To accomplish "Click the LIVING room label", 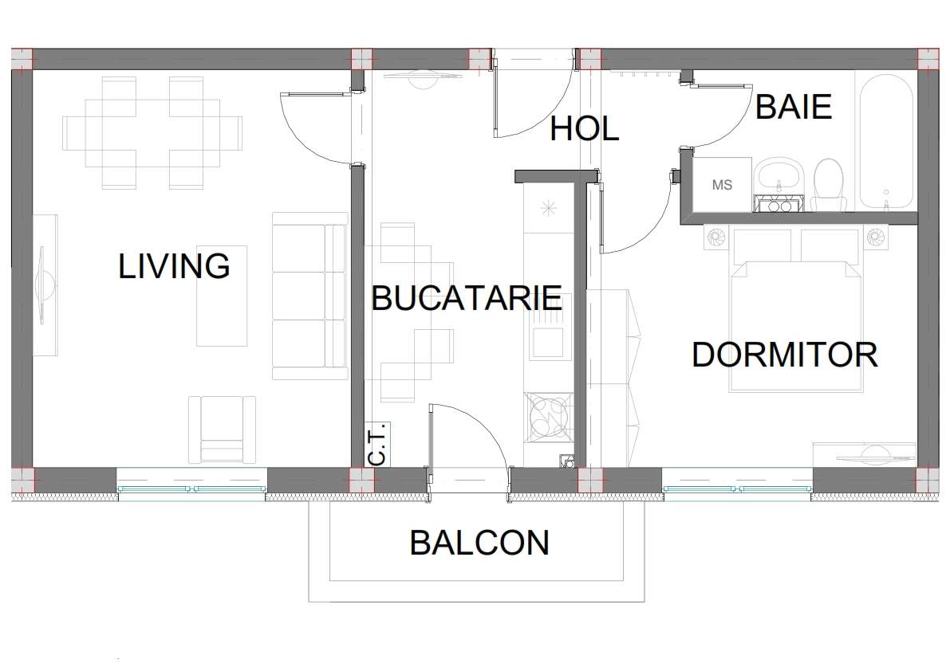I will coord(174,266).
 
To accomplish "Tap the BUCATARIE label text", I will coord(467,298).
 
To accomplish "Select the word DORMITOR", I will coord(784,355).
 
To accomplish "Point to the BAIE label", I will coord(793,107).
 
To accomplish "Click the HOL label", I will coord(584,128).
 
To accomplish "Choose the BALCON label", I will coord(479,543).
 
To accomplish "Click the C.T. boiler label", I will coord(376,445).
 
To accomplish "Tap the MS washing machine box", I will coord(723,185).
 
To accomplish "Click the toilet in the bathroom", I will coord(828,184).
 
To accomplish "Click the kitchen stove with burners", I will coord(549,415).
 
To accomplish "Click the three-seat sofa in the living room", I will coord(309,295).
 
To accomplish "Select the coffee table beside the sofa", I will coord(222,296).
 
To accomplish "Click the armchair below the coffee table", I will coord(222,429).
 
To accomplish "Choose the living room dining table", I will coord(152,132).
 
